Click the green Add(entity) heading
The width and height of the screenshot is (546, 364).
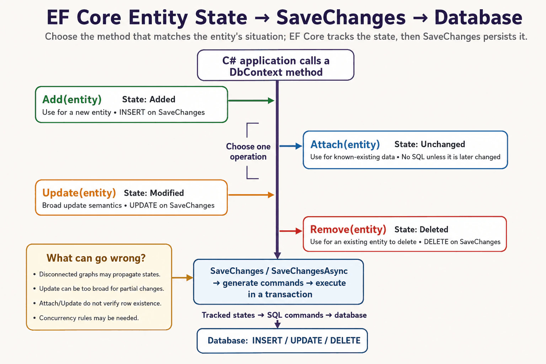(x=72, y=100)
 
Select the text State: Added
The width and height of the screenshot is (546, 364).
(x=149, y=100)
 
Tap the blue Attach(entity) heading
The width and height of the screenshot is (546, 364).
(x=345, y=145)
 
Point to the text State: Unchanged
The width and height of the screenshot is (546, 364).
(x=430, y=144)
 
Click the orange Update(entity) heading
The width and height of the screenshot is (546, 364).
(x=79, y=193)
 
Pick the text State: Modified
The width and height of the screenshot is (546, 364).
(x=154, y=193)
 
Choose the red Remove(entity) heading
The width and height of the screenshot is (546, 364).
(x=348, y=229)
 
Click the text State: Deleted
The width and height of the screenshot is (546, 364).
(x=421, y=229)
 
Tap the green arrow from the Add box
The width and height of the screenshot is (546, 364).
(x=251, y=101)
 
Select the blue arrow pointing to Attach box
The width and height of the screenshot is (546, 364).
(x=291, y=146)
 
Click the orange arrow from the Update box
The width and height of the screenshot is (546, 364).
(x=251, y=195)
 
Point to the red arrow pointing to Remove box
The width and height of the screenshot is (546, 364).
(x=291, y=231)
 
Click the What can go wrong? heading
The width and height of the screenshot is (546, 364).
(x=96, y=258)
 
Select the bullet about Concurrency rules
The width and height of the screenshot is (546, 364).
(x=86, y=318)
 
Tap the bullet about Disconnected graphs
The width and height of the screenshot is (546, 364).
(x=97, y=274)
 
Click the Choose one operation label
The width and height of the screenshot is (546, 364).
(x=248, y=151)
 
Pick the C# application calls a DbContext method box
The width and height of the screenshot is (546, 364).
(x=276, y=65)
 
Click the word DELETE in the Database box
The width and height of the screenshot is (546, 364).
(x=345, y=340)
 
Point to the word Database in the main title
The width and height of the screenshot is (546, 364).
(x=478, y=17)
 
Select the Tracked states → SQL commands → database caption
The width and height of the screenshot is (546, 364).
(x=284, y=315)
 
